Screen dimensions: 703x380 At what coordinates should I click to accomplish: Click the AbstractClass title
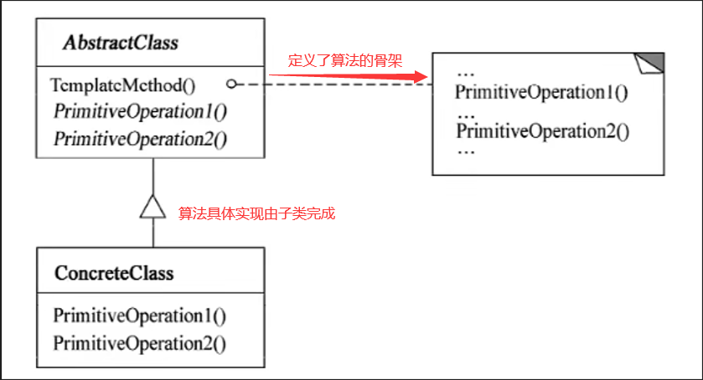click(x=121, y=43)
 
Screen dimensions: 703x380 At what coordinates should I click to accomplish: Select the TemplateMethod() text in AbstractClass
click(x=123, y=85)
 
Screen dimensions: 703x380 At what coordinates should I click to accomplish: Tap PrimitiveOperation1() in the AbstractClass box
click(x=140, y=111)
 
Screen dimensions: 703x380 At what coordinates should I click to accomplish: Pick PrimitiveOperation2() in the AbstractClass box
click(x=140, y=139)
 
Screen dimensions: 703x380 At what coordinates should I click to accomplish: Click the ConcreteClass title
click(x=114, y=273)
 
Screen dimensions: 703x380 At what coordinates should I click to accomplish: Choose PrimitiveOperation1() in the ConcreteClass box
click(x=139, y=316)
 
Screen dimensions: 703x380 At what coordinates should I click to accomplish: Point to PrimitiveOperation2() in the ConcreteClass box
click(x=139, y=344)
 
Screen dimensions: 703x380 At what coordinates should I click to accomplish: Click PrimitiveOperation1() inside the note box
click(x=541, y=92)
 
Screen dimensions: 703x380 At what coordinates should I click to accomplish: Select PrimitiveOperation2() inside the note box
click(x=542, y=131)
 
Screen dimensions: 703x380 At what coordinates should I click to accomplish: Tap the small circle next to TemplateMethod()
click(x=231, y=84)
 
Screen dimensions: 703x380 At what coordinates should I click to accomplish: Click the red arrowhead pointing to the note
click(x=421, y=77)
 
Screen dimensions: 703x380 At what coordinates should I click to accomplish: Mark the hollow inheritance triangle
click(x=152, y=207)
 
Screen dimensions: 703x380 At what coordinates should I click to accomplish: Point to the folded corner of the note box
click(x=649, y=63)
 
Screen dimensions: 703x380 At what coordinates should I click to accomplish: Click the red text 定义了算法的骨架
click(x=344, y=60)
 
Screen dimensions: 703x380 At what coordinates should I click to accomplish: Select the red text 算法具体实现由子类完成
click(x=256, y=213)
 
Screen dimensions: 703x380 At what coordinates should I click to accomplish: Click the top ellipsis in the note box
click(x=466, y=74)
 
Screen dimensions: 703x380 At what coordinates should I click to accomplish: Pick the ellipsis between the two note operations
click(x=466, y=116)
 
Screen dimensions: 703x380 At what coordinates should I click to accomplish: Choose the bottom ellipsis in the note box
click(x=466, y=152)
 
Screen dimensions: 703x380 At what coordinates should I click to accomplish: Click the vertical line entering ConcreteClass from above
click(x=153, y=233)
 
